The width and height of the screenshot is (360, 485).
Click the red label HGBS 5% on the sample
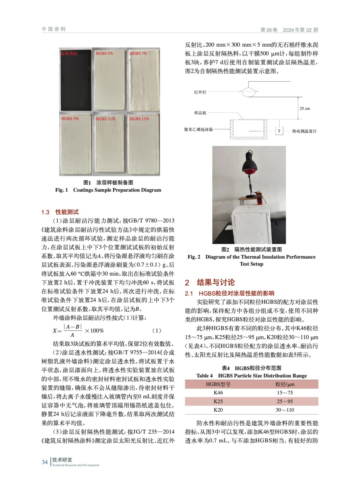click(x=104, y=53)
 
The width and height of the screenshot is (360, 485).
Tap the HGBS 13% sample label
click(x=139, y=119)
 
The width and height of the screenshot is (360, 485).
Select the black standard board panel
click(x=76, y=80)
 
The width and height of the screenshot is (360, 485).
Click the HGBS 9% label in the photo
click(x=70, y=119)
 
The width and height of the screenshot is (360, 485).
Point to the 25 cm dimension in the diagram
click(x=305, y=109)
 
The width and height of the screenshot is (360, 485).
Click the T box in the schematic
click(x=279, y=131)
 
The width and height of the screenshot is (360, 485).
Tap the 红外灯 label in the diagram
click(x=200, y=92)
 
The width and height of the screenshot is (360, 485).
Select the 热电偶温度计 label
click(x=304, y=131)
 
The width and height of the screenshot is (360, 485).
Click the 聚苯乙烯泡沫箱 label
click(x=198, y=129)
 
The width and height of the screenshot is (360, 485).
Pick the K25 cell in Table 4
click(x=218, y=401)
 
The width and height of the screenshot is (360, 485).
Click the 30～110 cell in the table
click(x=285, y=410)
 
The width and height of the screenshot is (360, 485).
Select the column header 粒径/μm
click(x=285, y=384)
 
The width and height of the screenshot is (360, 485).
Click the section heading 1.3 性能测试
click(x=60, y=212)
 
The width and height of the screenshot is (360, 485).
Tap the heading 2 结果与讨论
click(x=210, y=283)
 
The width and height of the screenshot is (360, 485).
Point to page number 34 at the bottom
click(x=45, y=462)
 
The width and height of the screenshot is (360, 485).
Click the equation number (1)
click(x=156, y=330)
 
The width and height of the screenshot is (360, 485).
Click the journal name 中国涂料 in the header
click(x=54, y=29)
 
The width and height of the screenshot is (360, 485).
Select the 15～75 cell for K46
click(x=285, y=393)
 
